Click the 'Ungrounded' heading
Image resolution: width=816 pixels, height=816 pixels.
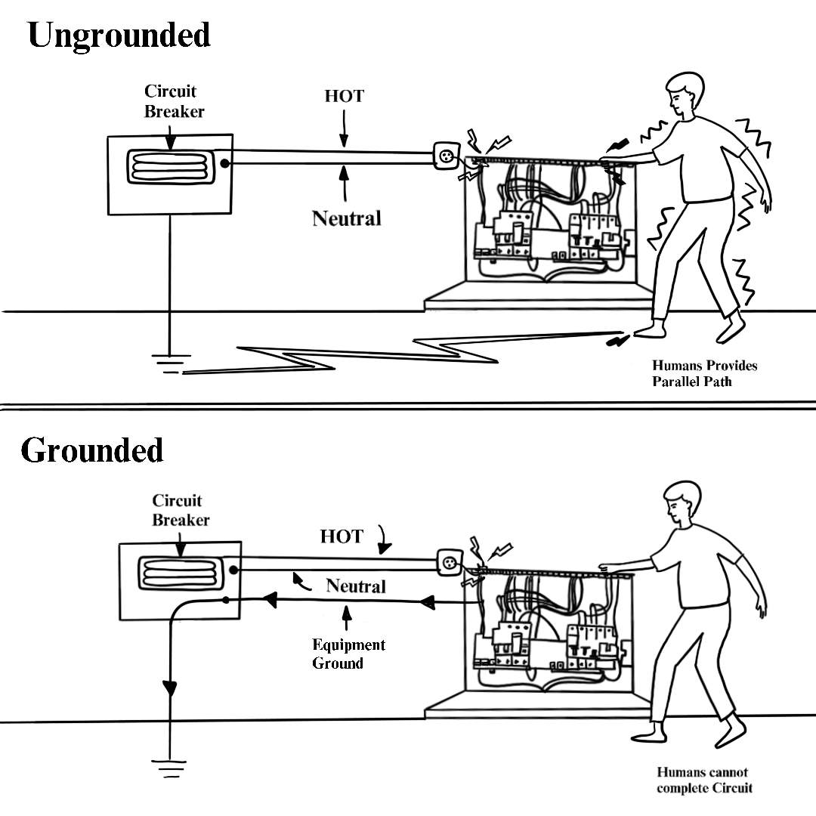[x=119, y=36]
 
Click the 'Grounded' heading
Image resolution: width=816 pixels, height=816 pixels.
[x=91, y=450]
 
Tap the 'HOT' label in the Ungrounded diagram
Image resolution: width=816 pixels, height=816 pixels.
[x=344, y=97]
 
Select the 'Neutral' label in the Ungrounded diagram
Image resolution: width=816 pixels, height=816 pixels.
[x=347, y=219]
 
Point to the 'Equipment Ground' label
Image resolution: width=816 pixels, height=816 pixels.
[x=348, y=654]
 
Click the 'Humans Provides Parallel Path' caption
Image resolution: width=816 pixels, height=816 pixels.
[x=704, y=374]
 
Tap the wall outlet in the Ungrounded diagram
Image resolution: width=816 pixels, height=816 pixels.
[x=445, y=156]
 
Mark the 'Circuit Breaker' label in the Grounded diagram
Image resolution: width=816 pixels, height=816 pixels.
[x=180, y=510]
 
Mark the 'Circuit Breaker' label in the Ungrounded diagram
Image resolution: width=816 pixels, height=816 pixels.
[x=174, y=100]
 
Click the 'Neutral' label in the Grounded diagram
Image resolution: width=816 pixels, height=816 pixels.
[x=355, y=586]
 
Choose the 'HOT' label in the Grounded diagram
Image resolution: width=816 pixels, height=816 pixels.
[x=342, y=536]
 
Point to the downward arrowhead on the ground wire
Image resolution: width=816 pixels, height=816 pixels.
[x=169, y=688]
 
